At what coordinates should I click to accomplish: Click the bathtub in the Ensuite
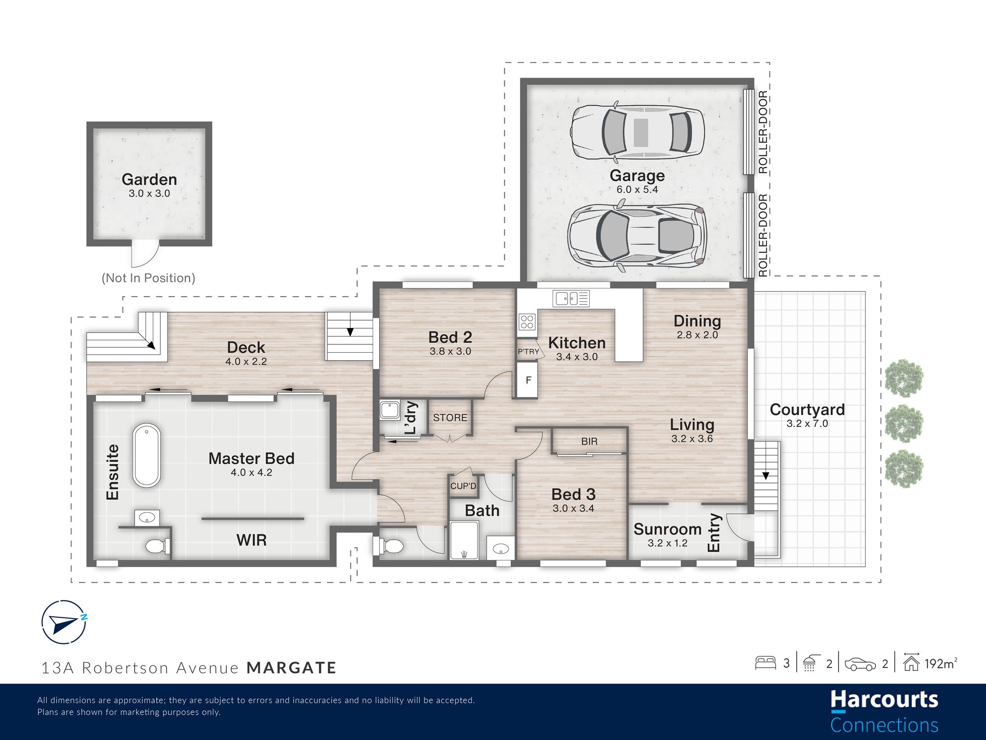pos(146,455)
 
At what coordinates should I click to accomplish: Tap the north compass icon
pos(64,623)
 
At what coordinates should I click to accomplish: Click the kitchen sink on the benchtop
pos(571,298)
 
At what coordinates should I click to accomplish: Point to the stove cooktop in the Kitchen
pos(527,322)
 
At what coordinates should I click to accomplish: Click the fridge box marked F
pos(528,380)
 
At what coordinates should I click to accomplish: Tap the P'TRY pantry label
pos(528,352)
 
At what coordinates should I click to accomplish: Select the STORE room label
pos(450,418)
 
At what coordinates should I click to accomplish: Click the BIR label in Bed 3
pos(589,442)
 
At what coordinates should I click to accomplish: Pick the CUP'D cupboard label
pos(463,486)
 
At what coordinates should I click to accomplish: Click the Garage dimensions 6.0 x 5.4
pos(637,189)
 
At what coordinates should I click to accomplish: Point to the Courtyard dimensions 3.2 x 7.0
pos(807,423)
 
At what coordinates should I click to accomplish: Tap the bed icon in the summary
pos(766,663)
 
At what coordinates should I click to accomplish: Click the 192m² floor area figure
pos(941,664)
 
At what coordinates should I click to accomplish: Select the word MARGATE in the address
pos(291,668)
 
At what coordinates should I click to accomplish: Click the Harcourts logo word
pos(884,700)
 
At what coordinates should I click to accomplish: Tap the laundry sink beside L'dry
pos(389,410)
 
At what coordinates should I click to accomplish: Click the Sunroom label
pos(668,529)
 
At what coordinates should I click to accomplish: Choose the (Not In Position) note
pos(148,278)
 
